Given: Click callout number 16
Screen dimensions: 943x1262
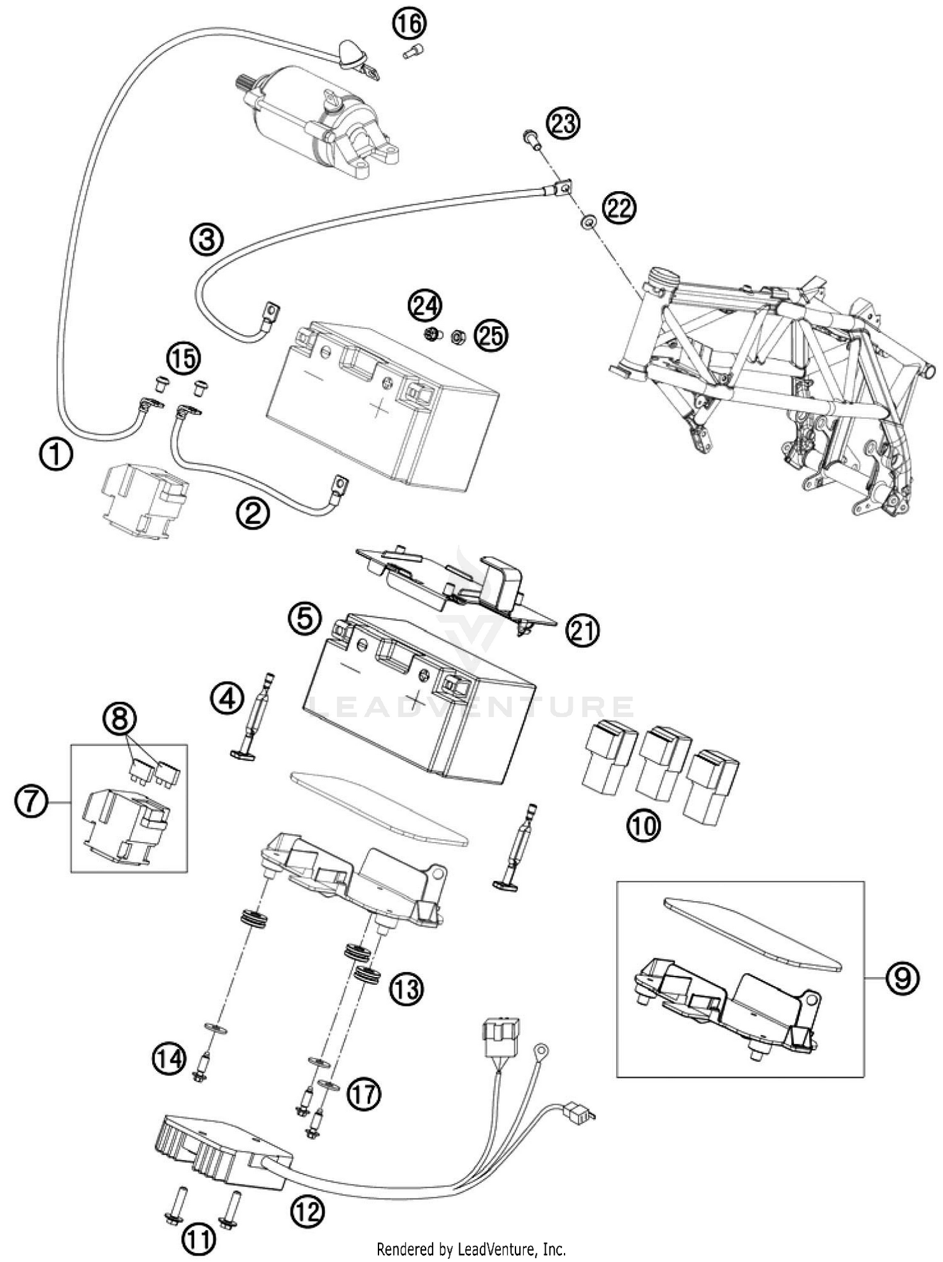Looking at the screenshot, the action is click(x=409, y=25).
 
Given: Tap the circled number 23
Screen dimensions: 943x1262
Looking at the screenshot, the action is click(x=563, y=123).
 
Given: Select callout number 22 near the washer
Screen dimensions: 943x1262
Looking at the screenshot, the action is click(x=619, y=209).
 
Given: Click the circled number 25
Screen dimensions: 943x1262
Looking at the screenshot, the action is click(x=490, y=336).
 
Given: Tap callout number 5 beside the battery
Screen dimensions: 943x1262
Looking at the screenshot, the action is click(x=305, y=618).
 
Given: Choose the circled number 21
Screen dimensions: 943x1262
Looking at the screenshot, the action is click(x=582, y=631).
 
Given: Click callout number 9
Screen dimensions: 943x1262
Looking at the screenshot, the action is click(x=902, y=978).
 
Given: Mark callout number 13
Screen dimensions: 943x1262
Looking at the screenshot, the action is click(x=405, y=989).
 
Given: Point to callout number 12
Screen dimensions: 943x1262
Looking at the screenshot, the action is click(x=307, y=1210).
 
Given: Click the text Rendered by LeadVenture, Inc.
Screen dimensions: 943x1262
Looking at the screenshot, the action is click(x=472, y=1248).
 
